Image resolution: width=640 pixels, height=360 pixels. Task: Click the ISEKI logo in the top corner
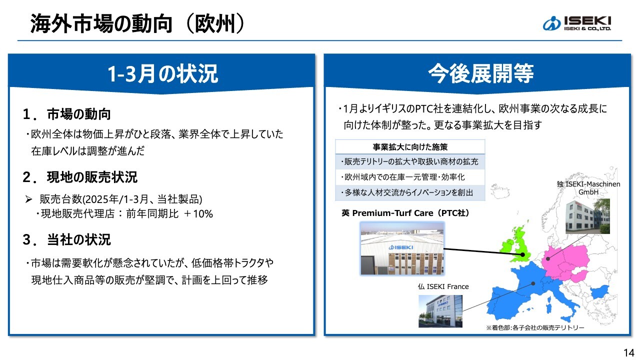(577, 23)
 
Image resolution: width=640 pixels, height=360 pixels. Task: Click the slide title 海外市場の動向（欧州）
(137, 23)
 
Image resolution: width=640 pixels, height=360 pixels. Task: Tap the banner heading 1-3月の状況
(162, 73)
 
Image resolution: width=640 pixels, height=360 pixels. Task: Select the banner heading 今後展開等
(481, 73)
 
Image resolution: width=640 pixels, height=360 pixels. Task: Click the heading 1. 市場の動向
(66, 114)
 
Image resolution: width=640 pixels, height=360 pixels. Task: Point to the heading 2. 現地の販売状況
(80, 177)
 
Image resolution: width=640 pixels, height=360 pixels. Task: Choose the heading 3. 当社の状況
(66, 239)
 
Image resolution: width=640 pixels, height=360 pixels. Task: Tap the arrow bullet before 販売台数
(28, 199)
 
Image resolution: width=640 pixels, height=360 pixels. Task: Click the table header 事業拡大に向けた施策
(410, 147)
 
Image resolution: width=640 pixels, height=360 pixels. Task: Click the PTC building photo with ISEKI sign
(402, 248)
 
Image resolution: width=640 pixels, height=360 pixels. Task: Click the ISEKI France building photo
(440, 311)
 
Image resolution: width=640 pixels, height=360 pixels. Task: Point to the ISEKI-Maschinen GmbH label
(588, 188)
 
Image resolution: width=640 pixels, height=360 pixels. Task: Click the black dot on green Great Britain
(522, 254)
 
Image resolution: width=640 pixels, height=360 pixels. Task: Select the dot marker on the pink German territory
(548, 259)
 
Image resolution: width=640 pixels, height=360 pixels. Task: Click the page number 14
(628, 353)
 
